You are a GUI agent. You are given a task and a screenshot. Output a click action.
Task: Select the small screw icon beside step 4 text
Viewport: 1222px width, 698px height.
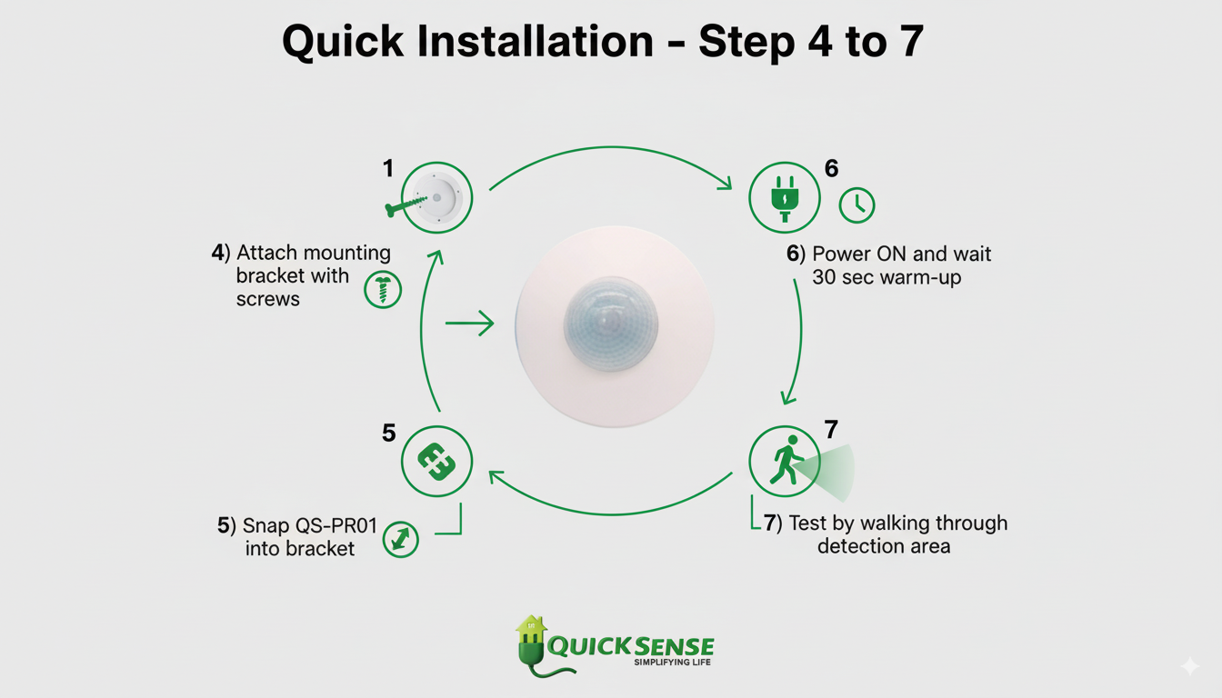(x=382, y=289)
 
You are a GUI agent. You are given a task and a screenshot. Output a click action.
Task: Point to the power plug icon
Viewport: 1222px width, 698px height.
(x=784, y=198)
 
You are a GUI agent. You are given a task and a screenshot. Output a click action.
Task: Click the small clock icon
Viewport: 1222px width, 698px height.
(x=856, y=205)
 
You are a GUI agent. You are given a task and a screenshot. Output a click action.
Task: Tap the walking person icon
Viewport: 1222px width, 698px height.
(x=784, y=461)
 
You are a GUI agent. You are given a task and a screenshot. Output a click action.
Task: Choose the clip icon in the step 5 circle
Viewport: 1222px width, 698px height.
(x=436, y=461)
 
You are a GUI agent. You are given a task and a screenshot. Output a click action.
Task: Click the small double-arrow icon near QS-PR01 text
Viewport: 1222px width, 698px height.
(x=400, y=538)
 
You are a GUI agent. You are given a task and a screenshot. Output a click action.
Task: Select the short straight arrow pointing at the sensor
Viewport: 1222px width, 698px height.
(x=469, y=324)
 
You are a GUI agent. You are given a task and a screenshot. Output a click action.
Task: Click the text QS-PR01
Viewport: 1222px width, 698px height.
(x=338, y=526)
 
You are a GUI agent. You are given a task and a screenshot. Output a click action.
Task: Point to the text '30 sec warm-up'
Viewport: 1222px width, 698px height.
(x=886, y=277)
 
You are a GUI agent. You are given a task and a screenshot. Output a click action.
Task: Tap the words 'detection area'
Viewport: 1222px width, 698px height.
(x=884, y=546)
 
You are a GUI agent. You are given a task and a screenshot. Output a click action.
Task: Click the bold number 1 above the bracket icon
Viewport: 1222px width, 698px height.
(x=388, y=168)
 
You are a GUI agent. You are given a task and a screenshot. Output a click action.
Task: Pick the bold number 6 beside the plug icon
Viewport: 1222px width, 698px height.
(x=831, y=168)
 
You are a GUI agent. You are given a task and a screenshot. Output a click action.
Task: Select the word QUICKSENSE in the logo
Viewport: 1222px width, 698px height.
(x=630, y=646)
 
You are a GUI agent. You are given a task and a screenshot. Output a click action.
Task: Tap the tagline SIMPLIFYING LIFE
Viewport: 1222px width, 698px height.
(x=672, y=663)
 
